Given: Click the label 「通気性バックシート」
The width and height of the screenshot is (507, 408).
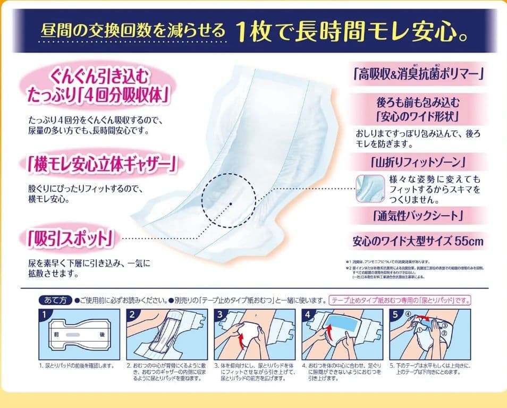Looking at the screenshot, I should pos(418,216).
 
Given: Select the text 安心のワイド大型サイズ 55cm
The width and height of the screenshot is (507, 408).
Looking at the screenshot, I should pos(418,241).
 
